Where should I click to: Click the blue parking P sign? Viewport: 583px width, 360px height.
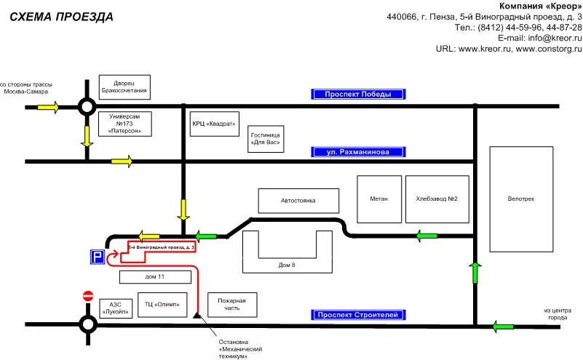97,257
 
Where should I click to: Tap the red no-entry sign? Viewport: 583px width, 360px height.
88,296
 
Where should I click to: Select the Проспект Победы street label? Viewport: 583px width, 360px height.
358,94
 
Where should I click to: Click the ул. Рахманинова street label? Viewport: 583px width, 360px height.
358,153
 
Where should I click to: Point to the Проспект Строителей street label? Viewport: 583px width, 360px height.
358,315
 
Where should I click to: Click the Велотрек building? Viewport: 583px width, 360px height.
520,199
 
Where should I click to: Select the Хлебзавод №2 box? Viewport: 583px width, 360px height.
437,199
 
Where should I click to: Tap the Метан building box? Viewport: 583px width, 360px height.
378,199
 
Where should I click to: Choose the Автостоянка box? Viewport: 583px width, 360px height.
299,201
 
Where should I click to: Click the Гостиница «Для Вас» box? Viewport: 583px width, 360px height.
266,138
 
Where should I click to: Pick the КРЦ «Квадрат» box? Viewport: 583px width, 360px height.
214,124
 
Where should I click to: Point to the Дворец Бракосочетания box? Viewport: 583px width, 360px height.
124,87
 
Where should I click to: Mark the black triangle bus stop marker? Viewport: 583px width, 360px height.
197,316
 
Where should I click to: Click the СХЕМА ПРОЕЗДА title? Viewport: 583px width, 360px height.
60,16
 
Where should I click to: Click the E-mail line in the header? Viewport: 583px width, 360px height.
539,38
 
